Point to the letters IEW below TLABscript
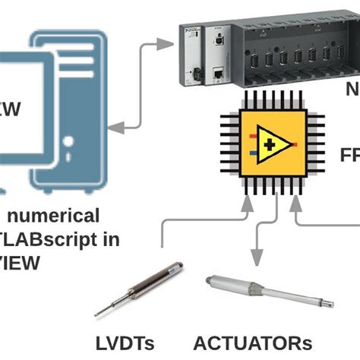click(x=20, y=264)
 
